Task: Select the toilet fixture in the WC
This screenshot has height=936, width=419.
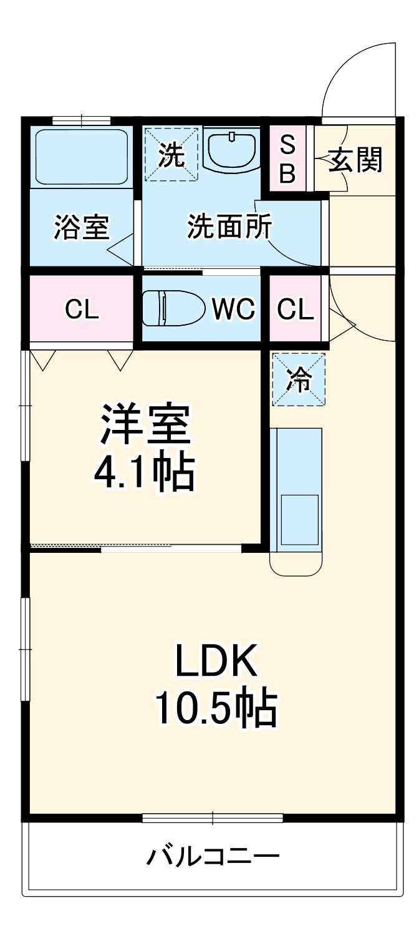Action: (173, 307)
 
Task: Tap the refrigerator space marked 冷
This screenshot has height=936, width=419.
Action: (299, 379)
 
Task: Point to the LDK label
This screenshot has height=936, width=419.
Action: (216, 661)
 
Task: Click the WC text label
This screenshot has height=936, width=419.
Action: (233, 308)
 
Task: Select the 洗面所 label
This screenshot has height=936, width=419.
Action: (229, 228)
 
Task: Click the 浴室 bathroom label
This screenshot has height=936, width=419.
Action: (81, 228)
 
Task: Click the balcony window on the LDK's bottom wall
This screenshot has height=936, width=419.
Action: (212, 817)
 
